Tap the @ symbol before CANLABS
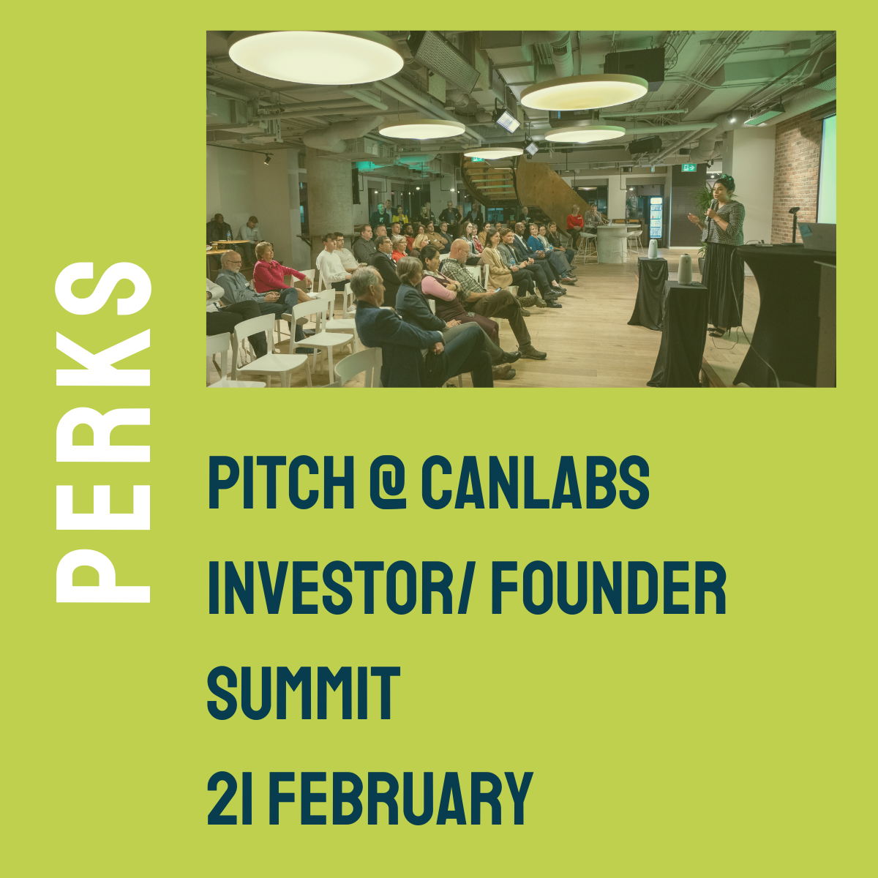388,482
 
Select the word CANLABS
536,482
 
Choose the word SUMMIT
304,693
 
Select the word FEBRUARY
401,798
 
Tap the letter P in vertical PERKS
103,576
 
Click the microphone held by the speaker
710,209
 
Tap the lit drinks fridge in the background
655,217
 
